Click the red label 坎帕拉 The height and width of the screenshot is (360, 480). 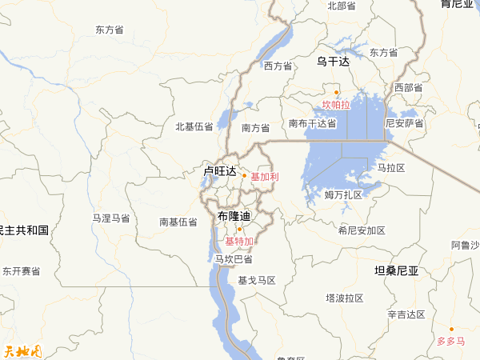tap(336, 105)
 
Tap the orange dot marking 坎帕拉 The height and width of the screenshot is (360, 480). tap(337, 92)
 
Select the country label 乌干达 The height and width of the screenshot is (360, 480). tap(333, 61)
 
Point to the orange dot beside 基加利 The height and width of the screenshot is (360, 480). tap(245, 175)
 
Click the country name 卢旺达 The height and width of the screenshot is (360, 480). tap(220, 171)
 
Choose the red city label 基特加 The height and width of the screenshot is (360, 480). tap(238, 242)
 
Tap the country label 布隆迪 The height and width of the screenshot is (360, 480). tap(234, 217)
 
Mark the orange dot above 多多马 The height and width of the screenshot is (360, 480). tap(451, 329)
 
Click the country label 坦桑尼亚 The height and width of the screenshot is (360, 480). tap(397, 271)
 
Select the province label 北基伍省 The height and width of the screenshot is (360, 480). tap(194, 126)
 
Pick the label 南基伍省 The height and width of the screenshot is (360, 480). tap(178, 222)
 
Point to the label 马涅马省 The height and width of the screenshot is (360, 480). tap(110, 218)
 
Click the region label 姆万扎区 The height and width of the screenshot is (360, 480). tap(343, 194)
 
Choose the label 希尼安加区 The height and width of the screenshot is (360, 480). tap(362, 230)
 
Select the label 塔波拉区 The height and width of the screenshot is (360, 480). tap(344, 298)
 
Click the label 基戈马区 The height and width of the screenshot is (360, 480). tap(257, 280)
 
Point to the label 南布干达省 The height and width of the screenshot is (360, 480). tap(313, 123)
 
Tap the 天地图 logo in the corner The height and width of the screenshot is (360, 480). tap(22, 350)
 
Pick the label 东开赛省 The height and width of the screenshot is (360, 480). tap(21, 272)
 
